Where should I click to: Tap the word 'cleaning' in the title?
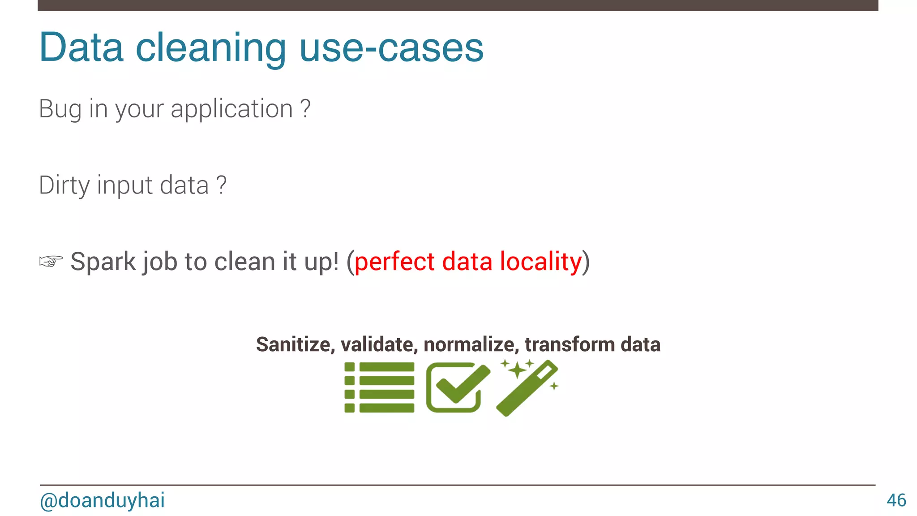click(x=210, y=48)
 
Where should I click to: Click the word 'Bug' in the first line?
click(x=60, y=109)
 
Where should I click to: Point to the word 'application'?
click(x=232, y=109)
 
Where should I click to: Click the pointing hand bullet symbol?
click(x=51, y=261)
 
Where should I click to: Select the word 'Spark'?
click(x=103, y=262)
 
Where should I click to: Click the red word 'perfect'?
click(x=394, y=262)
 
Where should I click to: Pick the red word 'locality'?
click(x=541, y=262)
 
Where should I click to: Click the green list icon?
click(x=379, y=387)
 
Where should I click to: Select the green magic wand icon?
click(x=527, y=388)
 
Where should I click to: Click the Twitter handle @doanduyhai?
click(x=102, y=500)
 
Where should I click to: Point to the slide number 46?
click(x=896, y=500)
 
